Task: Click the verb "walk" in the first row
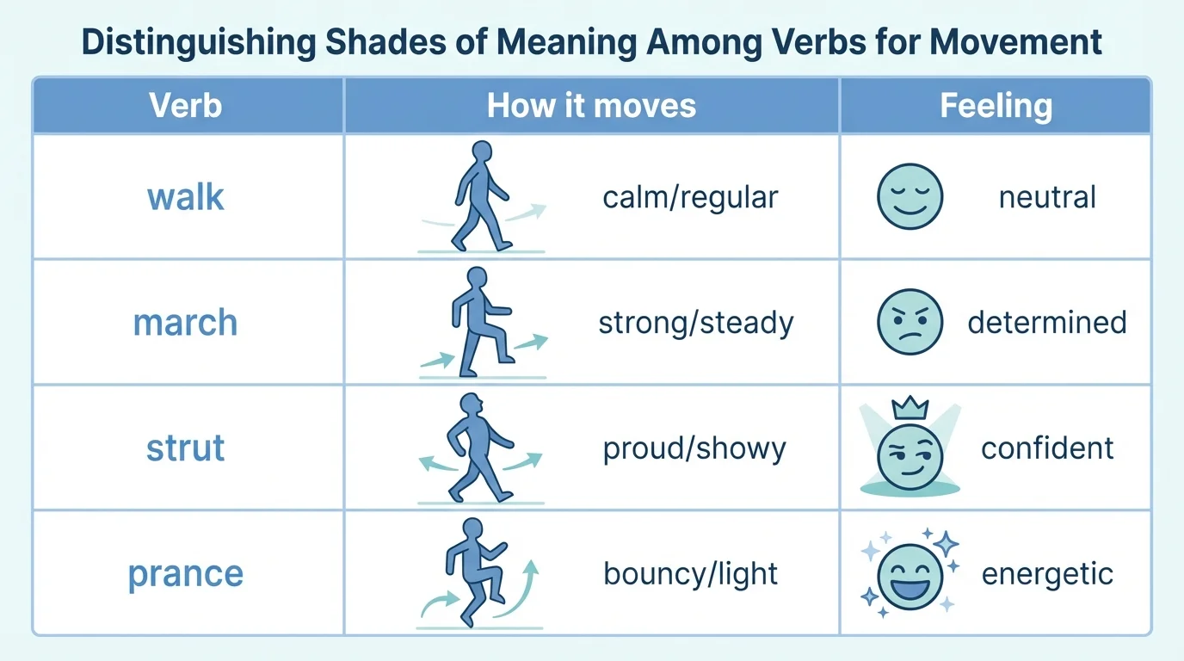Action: pyautogui.click(x=186, y=197)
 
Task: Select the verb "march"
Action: pyautogui.click(x=185, y=323)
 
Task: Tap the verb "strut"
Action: pyautogui.click(x=185, y=448)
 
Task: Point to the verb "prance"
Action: pyautogui.click(x=185, y=574)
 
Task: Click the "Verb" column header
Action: pyautogui.click(x=185, y=106)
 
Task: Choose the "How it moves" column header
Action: pyautogui.click(x=591, y=106)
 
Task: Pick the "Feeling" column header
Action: pyautogui.click(x=996, y=106)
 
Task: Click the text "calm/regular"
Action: pyautogui.click(x=690, y=197)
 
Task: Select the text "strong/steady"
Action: pyautogui.click(x=695, y=323)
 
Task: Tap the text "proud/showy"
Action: pyautogui.click(x=694, y=448)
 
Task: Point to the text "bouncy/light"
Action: pyautogui.click(x=691, y=574)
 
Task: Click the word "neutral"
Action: pyautogui.click(x=1047, y=197)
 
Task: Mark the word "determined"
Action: pyautogui.click(x=1047, y=323)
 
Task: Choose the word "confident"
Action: pyautogui.click(x=1047, y=448)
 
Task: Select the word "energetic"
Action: pyautogui.click(x=1047, y=574)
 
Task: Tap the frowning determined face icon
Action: pyautogui.click(x=910, y=323)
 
